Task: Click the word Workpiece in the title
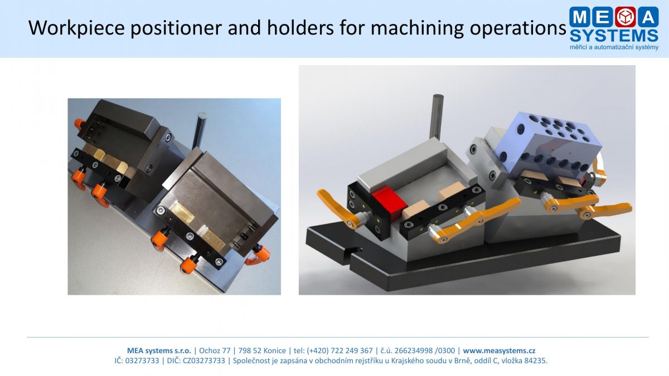76,28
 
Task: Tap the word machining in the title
417,28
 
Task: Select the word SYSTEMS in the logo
614,36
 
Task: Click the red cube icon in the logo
625,16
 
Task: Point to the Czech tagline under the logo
614,47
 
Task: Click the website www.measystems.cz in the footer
499,350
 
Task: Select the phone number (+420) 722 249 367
340,350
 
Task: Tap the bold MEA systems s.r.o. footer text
159,350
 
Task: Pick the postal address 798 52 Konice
262,350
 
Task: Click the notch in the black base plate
354,252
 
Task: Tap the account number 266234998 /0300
425,350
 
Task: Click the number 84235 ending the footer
536,361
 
